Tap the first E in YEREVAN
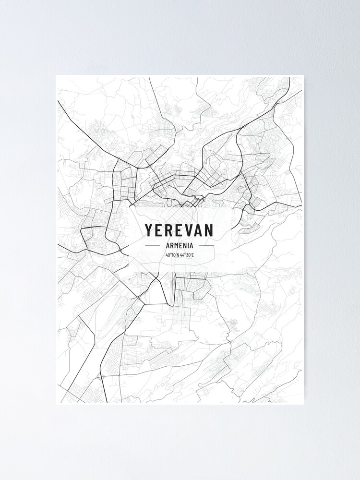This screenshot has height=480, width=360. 160,230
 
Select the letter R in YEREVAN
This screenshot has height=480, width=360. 170,230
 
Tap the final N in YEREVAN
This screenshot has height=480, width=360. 210,230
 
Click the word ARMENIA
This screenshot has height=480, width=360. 180,245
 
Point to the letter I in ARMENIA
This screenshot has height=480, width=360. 188,245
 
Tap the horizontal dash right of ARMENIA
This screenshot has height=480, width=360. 206,245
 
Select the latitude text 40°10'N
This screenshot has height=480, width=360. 172,255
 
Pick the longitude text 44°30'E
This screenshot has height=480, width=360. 187,255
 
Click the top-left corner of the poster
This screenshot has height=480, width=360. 56,76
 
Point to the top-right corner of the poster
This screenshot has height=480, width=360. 304,76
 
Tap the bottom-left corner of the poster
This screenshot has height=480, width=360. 56,404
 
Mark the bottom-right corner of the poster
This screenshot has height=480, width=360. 304,404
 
